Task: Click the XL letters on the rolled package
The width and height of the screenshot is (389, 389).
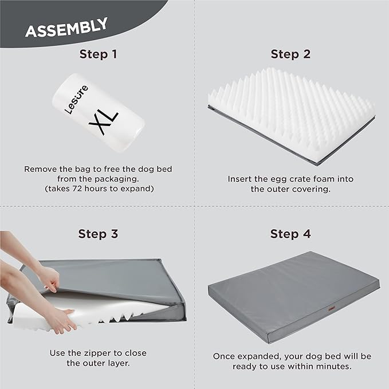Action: (x=103, y=119)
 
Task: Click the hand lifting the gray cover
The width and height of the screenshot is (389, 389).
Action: (x=49, y=278)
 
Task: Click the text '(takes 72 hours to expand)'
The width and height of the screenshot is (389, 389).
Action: (x=97, y=188)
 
